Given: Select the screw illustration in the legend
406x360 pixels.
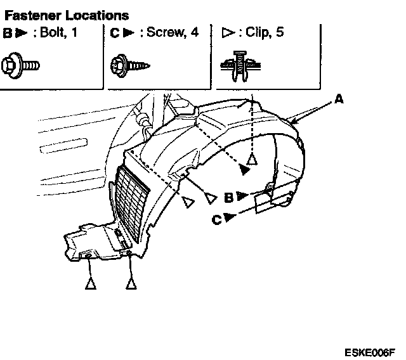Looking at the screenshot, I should (130, 64).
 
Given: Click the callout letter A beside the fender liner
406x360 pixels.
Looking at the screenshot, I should (339, 100).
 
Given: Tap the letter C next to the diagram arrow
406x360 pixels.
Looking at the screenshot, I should (217, 219).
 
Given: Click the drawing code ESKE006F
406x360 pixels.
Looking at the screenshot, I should (370, 351).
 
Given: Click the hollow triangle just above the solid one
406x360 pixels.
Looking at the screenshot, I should (252, 159).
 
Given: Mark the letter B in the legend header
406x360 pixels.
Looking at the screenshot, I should (7, 32).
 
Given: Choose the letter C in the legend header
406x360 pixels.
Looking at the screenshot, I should (114, 32).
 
